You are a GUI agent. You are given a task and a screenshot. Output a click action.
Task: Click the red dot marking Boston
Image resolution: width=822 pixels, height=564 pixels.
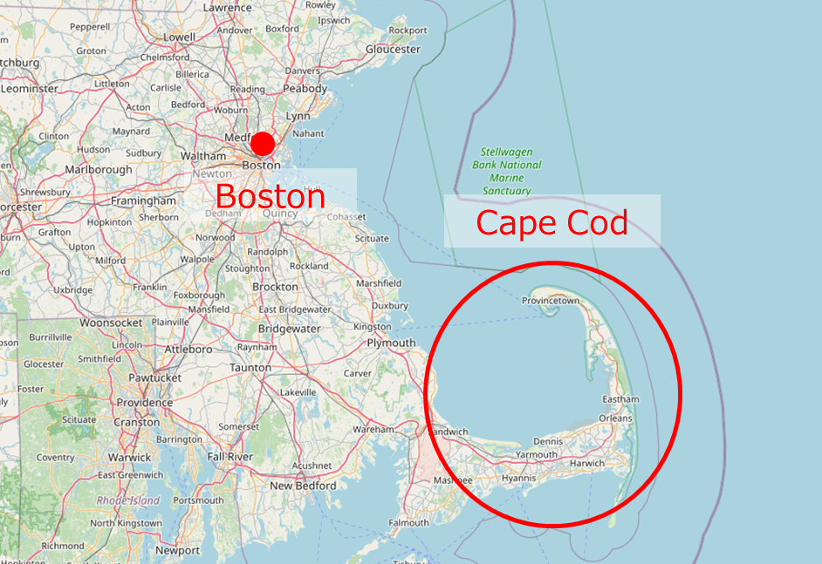[263, 144]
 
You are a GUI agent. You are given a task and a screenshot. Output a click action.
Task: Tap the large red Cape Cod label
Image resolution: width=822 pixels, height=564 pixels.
[551, 223]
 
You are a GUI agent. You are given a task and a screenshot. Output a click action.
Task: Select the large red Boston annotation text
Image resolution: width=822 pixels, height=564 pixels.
[270, 196]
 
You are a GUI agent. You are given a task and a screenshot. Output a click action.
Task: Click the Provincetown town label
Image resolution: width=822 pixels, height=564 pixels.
[551, 301]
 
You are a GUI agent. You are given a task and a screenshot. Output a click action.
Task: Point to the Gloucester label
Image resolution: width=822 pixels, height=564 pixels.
[393, 50]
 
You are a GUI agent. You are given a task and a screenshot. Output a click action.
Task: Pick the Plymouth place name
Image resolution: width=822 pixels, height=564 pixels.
[391, 343]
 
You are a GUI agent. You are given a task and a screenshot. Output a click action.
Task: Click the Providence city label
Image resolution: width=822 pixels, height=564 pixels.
[145, 403]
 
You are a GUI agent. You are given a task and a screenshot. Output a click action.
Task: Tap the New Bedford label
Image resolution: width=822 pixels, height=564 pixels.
[303, 486]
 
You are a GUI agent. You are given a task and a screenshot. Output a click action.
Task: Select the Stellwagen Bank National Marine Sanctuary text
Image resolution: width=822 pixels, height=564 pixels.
[507, 171]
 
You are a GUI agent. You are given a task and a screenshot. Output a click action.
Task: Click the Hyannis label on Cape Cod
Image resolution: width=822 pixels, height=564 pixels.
[518, 479]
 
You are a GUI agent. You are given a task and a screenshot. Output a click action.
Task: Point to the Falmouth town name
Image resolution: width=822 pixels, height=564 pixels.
[408, 523]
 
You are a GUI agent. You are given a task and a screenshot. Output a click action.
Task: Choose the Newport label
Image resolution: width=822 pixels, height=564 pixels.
[177, 551]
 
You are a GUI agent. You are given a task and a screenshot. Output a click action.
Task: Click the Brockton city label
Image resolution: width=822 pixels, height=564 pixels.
[275, 287]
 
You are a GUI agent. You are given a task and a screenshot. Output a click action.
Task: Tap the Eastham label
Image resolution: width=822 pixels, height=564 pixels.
[620, 399]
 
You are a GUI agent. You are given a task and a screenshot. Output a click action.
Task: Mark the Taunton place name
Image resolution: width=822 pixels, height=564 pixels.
[250, 368]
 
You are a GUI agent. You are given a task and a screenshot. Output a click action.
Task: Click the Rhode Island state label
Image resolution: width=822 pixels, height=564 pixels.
[128, 500]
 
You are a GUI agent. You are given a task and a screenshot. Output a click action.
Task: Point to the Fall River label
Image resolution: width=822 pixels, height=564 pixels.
[229, 457]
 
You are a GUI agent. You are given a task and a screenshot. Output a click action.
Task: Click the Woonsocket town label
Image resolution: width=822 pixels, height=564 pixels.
[111, 323]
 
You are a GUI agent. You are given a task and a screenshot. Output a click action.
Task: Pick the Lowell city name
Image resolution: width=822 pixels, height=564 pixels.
[180, 37]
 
